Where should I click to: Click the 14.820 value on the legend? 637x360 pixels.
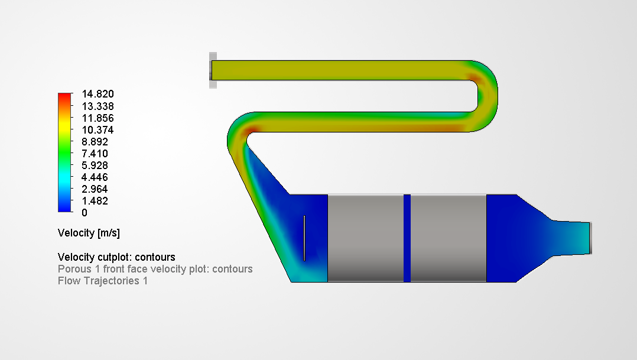pos(97,94)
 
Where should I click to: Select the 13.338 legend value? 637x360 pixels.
pos(97,106)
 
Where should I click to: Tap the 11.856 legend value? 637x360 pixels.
pos(97,118)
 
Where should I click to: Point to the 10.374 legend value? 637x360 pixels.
pos(97,130)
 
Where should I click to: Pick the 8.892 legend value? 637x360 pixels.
pos(95,142)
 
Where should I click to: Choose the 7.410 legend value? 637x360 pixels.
pos(95,154)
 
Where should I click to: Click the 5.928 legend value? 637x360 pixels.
pos(95,166)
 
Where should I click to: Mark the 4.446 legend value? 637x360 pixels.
pos(95,177)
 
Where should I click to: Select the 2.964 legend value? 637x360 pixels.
pos(95,189)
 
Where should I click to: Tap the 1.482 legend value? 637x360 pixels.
pos(95,201)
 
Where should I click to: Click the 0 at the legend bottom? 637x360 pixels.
pos(84,213)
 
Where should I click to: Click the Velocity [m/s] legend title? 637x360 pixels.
pos(89,233)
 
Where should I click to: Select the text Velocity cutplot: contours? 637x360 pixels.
pos(116,257)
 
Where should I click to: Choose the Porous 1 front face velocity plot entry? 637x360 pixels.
pos(155,269)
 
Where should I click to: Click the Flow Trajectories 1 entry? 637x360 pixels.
pos(102,281)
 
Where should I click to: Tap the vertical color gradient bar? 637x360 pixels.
pos(64,153)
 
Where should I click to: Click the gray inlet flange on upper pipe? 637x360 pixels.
pos(213,70)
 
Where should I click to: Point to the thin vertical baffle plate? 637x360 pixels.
pos(304,238)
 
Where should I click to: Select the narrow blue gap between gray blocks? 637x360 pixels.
pos(407,238)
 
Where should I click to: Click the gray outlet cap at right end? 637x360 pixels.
pos(590,238)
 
